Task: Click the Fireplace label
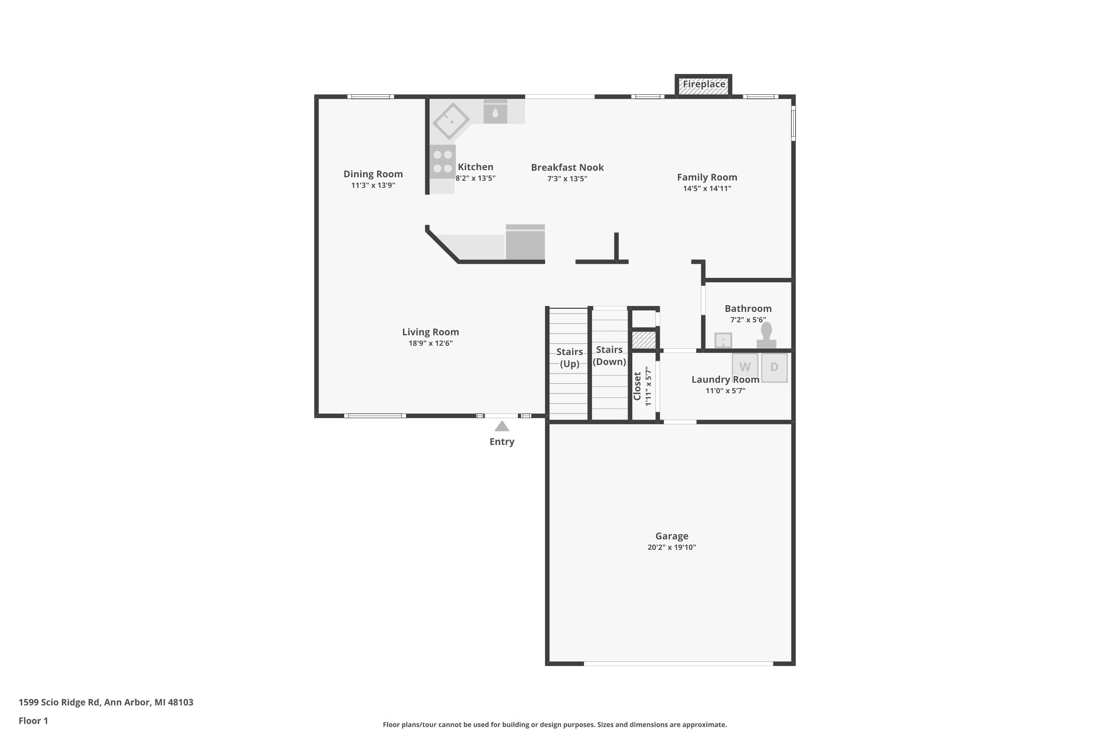coord(704,84)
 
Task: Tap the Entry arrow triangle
coord(502,427)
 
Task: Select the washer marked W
coord(745,367)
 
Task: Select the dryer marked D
coord(774,367)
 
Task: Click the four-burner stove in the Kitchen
coord(442,161)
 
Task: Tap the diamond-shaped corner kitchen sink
coord(451,121)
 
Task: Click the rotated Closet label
coord(638,386)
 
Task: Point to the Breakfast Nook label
coord(567,168)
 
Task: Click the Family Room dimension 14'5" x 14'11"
coord(707,189)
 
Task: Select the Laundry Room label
coord(725,380)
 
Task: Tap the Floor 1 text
coord(33,721)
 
